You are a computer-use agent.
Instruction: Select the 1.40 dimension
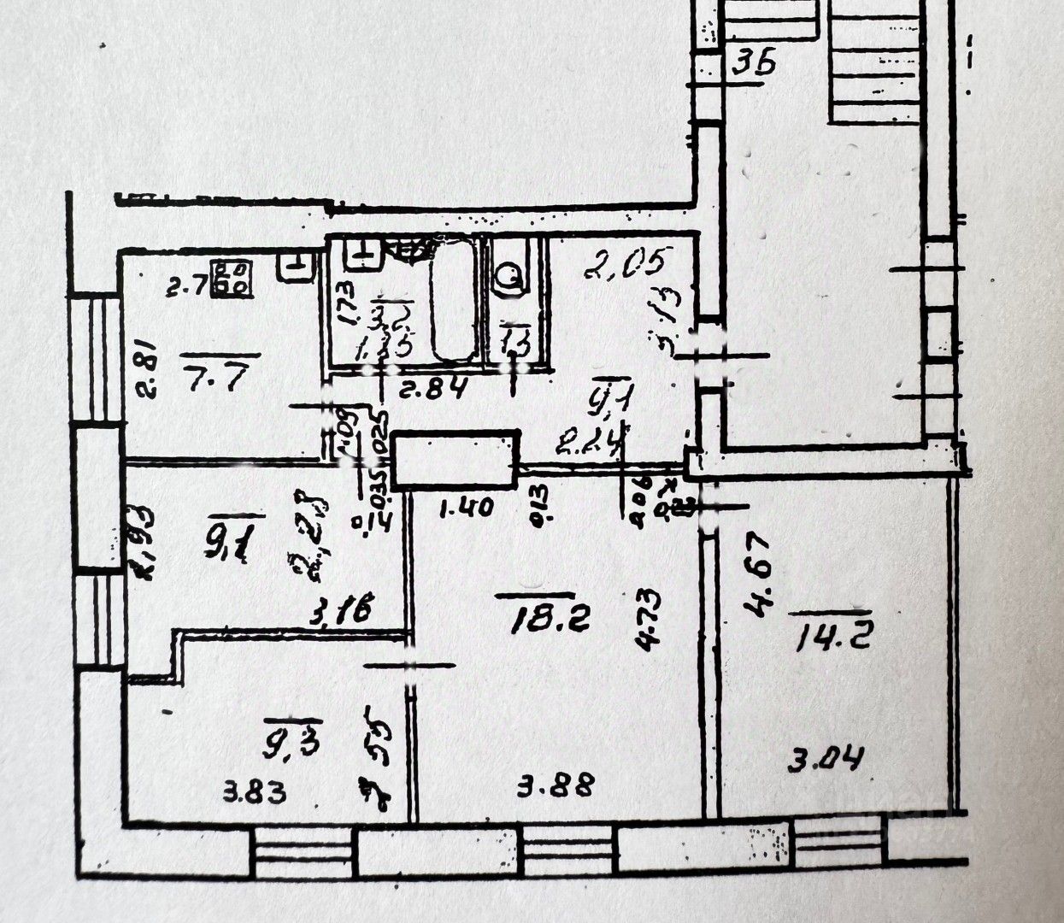(x=465, y=509)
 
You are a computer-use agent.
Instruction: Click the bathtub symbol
(x=454, y=303)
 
